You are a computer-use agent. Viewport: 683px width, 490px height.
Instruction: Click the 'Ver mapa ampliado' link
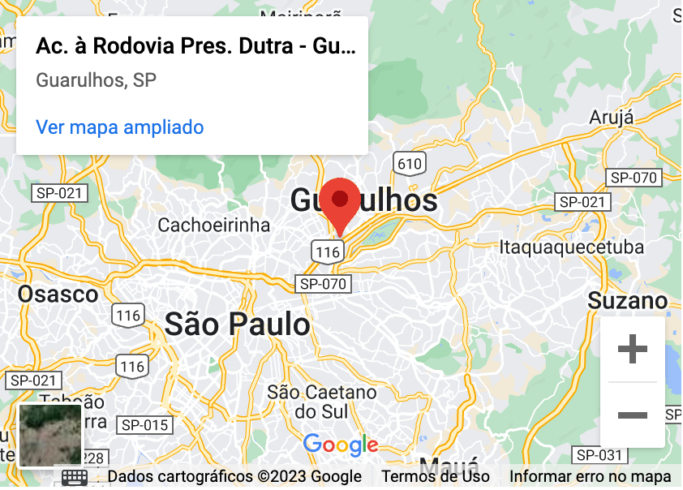(x=120, y=127)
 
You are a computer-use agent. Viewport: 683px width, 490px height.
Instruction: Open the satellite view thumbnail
(x=50, y=436)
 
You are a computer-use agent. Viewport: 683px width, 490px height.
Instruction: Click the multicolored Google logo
(x=341, y=445)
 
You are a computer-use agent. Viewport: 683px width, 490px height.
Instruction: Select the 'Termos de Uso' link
(x=436, y=476)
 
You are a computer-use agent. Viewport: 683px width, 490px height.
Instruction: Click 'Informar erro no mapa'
(x=590, y=476)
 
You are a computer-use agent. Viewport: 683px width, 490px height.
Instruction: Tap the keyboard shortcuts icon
(x=75, y=477)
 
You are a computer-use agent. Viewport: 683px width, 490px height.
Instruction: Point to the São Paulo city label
(x=238, y=325)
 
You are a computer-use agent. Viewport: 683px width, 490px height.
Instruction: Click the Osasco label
(x=58, y=294)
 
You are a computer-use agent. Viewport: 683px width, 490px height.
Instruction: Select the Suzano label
(x=628, y=302)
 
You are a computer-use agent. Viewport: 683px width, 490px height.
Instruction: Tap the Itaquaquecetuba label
(x=572, y=247)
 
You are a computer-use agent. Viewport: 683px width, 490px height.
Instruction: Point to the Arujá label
(x=612, y=117)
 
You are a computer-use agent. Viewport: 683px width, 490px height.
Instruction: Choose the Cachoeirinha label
(x=213, y=225)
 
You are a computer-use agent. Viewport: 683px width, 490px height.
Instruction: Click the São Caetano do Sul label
(x=322, y=402)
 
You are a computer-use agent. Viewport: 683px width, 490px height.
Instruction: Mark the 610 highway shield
(x=410, y=163)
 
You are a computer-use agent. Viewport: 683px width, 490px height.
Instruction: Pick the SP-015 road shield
(x=144, y=425)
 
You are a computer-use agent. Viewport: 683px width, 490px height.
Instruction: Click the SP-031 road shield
(x=598, y=454)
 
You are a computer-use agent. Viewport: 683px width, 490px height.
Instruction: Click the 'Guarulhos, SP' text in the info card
(x=97, y=80)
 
